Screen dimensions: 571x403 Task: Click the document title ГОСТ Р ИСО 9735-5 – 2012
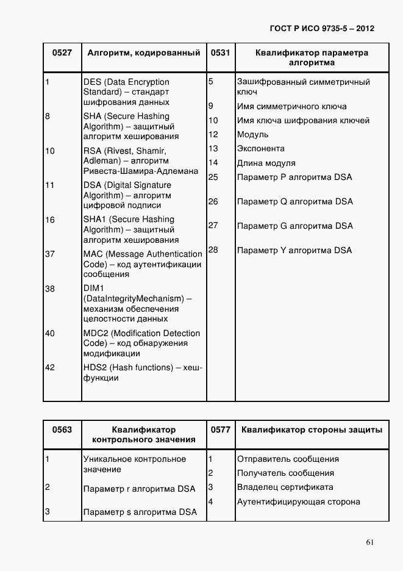321,29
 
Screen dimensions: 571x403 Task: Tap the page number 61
370,542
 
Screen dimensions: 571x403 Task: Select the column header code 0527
62,53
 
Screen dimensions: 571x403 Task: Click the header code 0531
220,53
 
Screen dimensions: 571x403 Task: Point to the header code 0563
62,429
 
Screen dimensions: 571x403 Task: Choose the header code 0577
220,429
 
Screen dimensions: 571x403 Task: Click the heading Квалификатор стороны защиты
312,429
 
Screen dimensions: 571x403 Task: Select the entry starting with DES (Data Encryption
126,92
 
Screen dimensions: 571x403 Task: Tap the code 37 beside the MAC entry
50,254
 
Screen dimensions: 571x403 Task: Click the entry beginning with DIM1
137,303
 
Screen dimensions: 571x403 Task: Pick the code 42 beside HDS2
50,367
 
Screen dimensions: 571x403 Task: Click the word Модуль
252,134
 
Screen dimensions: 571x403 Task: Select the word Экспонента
260,148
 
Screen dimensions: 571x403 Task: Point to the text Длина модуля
266,163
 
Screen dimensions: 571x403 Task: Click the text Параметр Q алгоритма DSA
294,201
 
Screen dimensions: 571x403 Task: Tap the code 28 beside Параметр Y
213,250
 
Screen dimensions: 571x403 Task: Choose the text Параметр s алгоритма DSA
140,512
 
